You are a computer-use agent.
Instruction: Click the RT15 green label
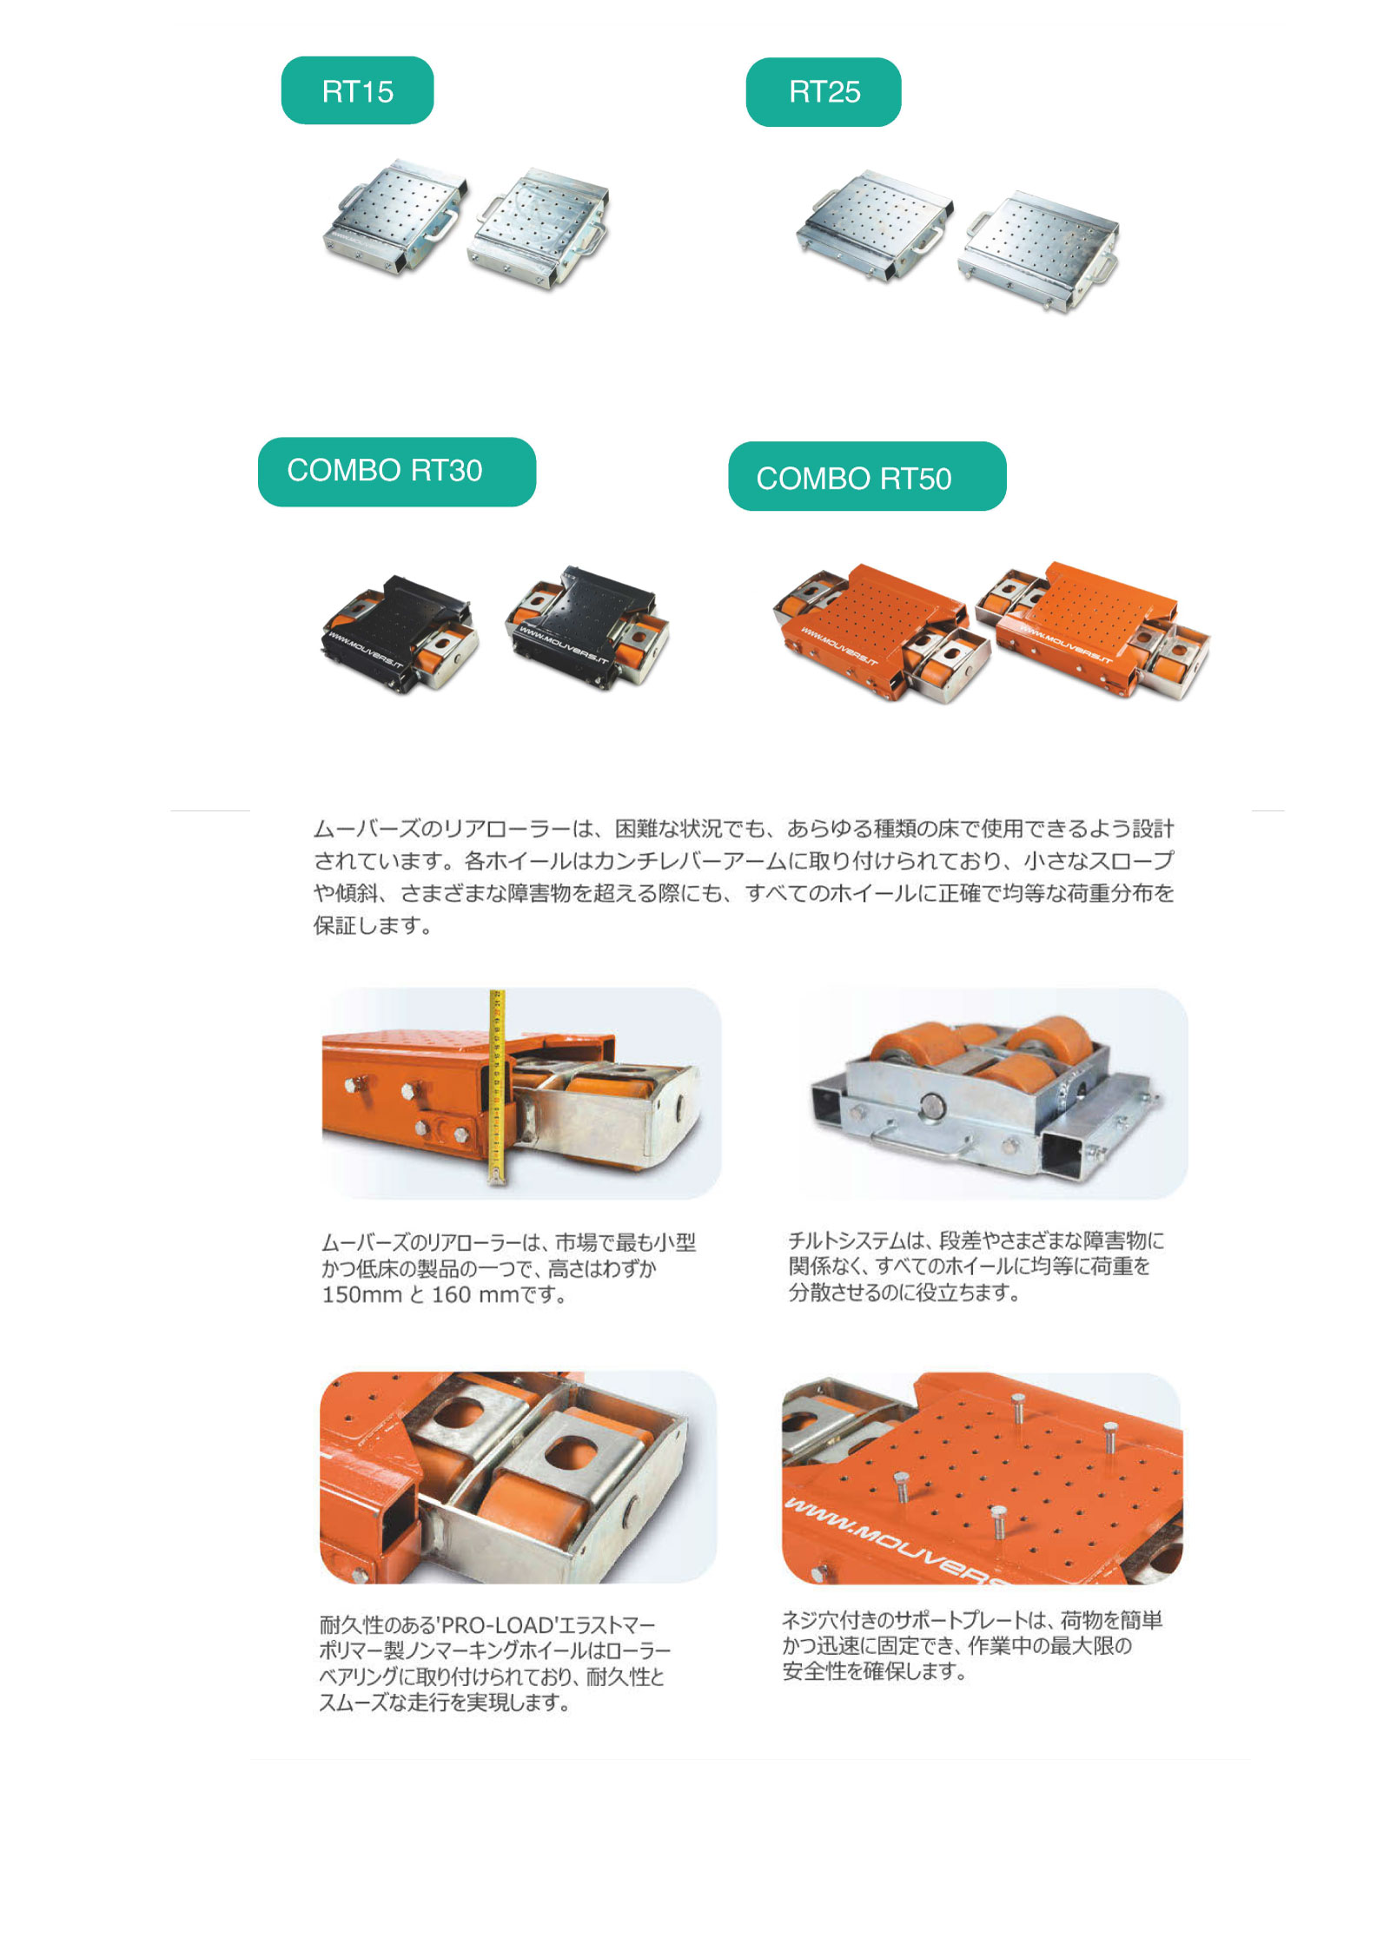(357, 90)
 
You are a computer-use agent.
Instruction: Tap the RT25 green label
(823, 92)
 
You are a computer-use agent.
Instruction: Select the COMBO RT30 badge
(396, 472)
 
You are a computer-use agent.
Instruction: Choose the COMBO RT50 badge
(867, 476)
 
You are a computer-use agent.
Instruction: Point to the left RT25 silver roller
(874, 224)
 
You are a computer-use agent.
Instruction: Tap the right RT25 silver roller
(1038, 250)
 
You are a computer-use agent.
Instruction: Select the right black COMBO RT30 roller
(588, 625)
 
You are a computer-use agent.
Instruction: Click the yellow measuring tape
(497, 1086)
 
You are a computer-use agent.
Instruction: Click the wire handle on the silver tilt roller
(917, 1141)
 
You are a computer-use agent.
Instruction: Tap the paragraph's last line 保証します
(373, 926)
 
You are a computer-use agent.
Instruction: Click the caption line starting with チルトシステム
(976, 1240)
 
